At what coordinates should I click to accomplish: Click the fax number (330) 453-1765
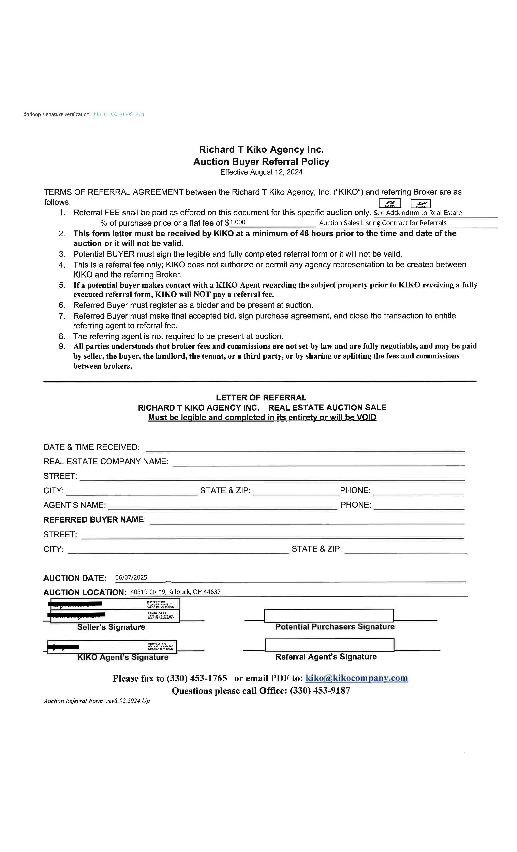[x=197, y=678]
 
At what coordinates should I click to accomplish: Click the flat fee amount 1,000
[x=238, y=222]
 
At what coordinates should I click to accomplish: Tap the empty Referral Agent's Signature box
[x=329, y=644]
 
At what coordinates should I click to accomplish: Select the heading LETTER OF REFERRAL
[x=261, y=397]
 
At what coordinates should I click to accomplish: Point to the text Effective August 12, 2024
[x=261, y=172]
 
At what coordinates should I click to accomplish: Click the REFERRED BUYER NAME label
[x=94, y=520]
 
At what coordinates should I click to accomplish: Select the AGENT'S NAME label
[x=74, y=505]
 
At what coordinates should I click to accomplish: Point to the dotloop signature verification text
[x=57, y=114]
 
